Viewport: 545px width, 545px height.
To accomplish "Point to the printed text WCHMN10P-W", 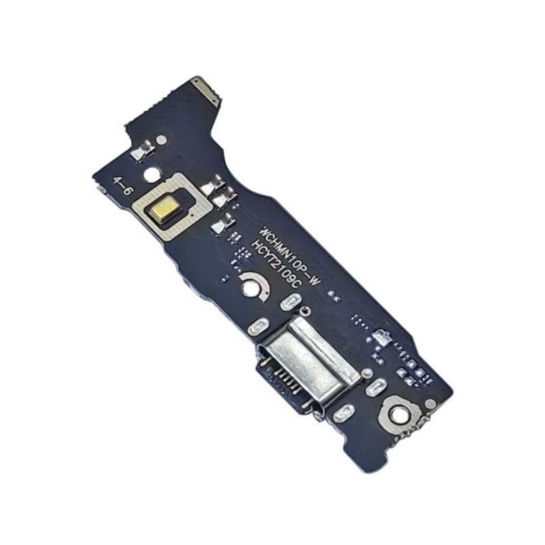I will point(289,253).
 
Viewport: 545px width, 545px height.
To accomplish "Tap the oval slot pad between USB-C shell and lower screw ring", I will point(375,388).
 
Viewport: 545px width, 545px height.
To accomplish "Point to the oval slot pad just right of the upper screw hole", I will point(291,302).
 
